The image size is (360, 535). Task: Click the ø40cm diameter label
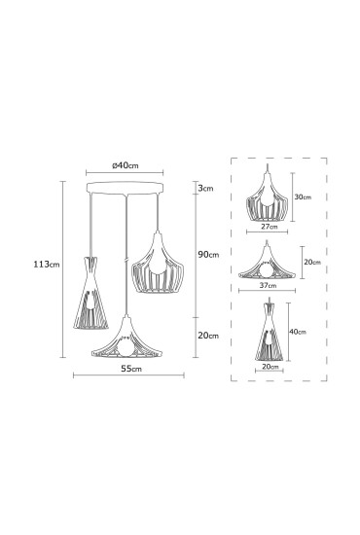pyautogui.click(x=126, y=164)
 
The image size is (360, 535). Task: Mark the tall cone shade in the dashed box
pyautogui.click(x=268, y=332)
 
